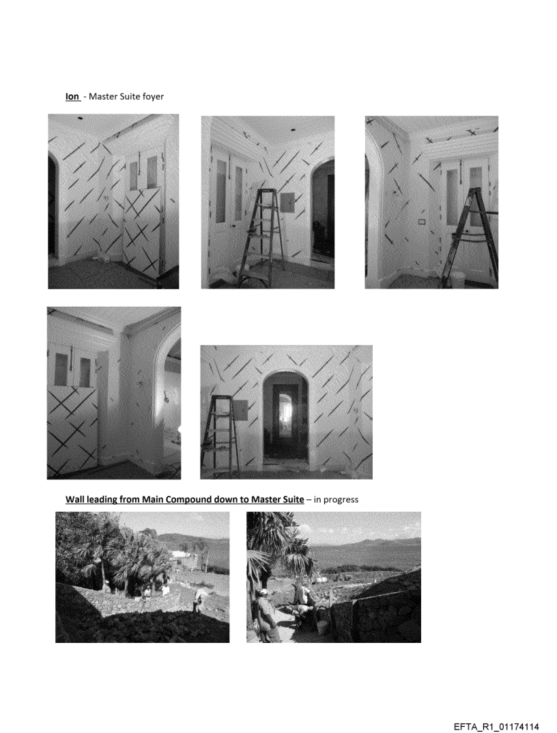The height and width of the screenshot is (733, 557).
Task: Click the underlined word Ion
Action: (72, 96)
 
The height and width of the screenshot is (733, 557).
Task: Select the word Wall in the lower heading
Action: (74, 499)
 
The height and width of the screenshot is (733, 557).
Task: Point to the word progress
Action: (341, 500)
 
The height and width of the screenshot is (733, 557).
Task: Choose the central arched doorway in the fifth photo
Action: (285, 417)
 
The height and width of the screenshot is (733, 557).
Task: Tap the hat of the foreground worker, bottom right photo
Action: (263, 592)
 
